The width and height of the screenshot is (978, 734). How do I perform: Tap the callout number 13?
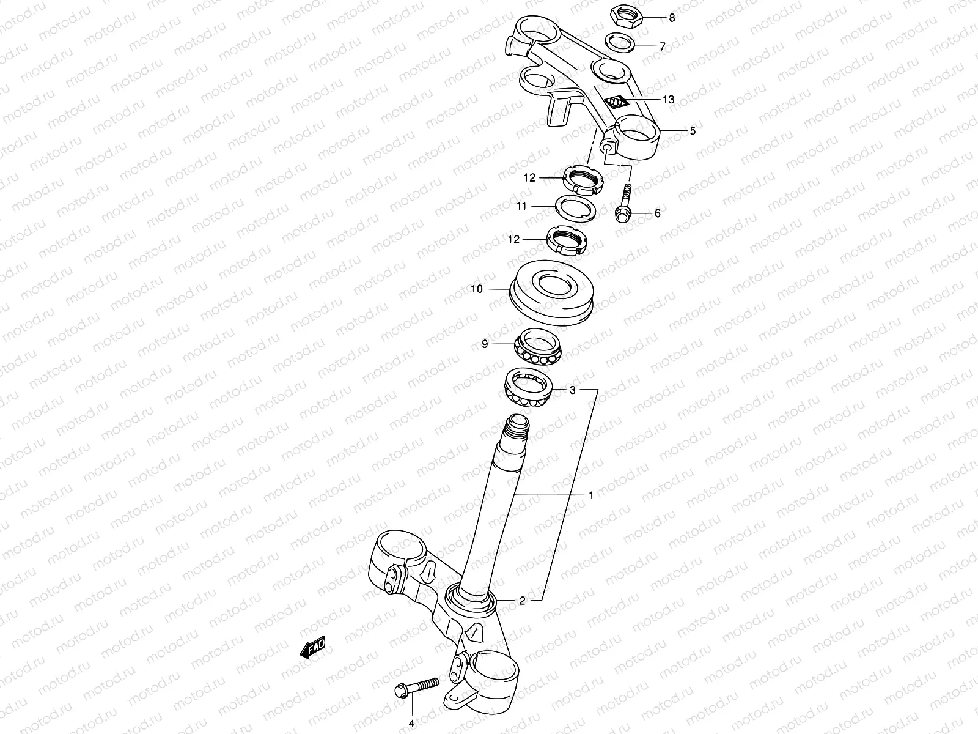[668, 99]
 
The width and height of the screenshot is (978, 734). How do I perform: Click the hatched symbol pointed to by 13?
[616, 102]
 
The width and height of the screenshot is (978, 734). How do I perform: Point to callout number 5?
[692, 130]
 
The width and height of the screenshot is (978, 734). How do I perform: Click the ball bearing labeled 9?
[537, 346]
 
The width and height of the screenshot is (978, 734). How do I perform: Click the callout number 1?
[590, 495]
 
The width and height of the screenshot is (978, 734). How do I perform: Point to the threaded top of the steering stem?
[517, 428]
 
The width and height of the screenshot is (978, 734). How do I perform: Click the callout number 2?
[521, 601]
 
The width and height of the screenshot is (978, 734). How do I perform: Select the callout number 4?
[411, 724]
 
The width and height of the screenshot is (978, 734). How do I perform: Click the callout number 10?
[477, 289]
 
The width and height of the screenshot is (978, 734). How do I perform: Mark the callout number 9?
[485, 345]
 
